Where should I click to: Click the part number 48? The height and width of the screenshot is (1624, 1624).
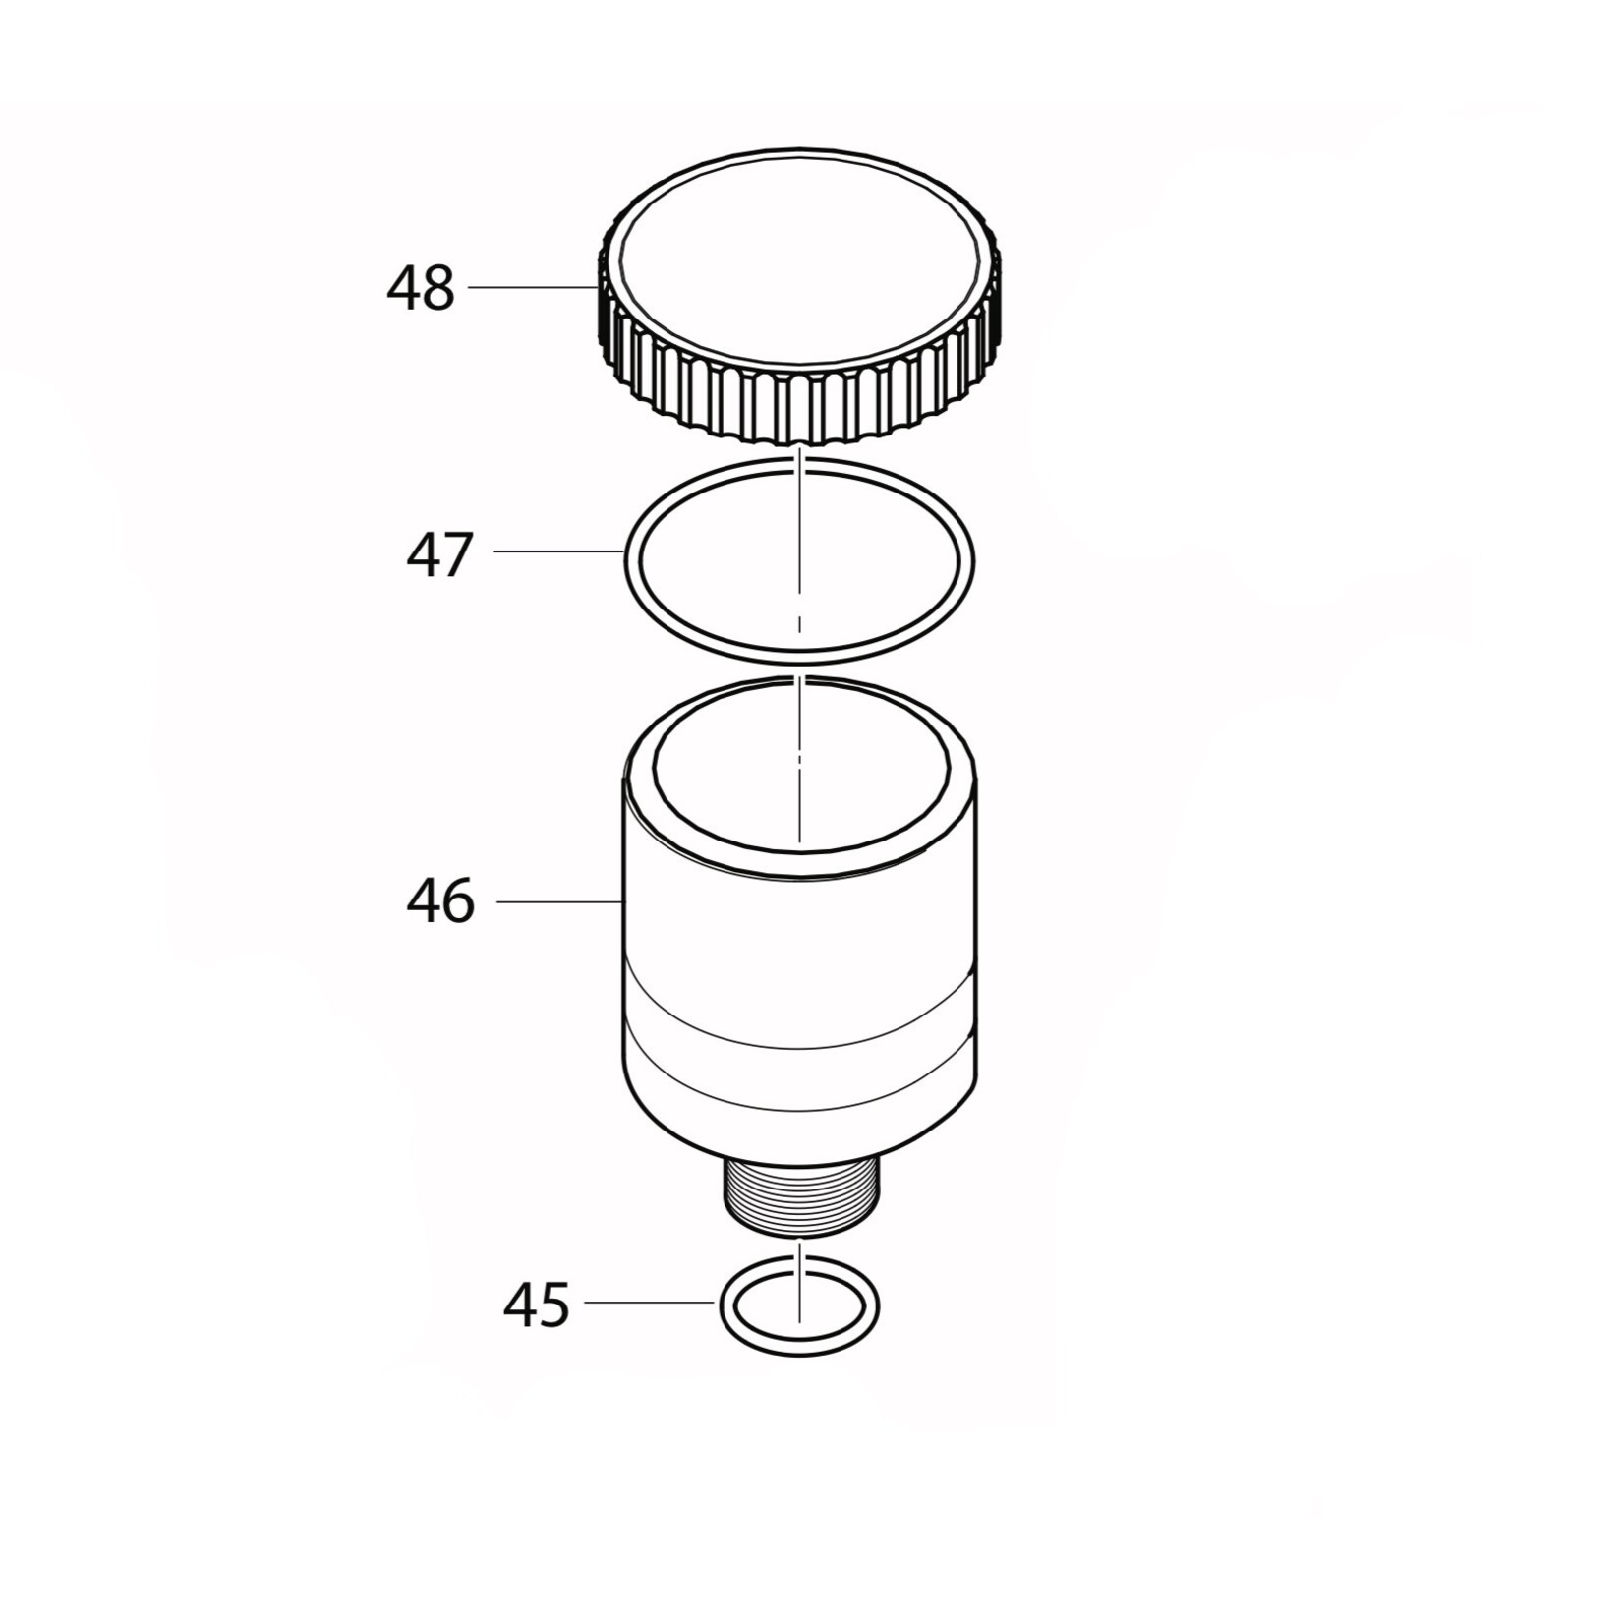tap(421, 289)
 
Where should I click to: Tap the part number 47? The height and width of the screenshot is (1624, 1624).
tap(440, 554)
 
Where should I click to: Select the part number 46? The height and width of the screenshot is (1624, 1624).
tap(440, 901)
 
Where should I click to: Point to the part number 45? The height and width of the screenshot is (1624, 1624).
tap(536, 1305)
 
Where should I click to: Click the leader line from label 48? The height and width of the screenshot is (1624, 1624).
tap(531, 286)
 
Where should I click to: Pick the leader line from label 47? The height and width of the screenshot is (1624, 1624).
tap(558, 551)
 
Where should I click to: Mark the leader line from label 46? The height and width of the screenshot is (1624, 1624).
tap(558, 900)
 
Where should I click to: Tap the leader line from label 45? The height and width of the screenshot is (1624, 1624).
tap(649, 1303)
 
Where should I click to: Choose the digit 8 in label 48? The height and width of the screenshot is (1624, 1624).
tap(438, 289)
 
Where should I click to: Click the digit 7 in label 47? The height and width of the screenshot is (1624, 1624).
tap(458, 554)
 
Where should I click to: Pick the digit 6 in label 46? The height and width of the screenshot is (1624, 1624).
tap(458, 901)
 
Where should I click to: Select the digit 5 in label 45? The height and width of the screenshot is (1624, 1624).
tap(553, 1305)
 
